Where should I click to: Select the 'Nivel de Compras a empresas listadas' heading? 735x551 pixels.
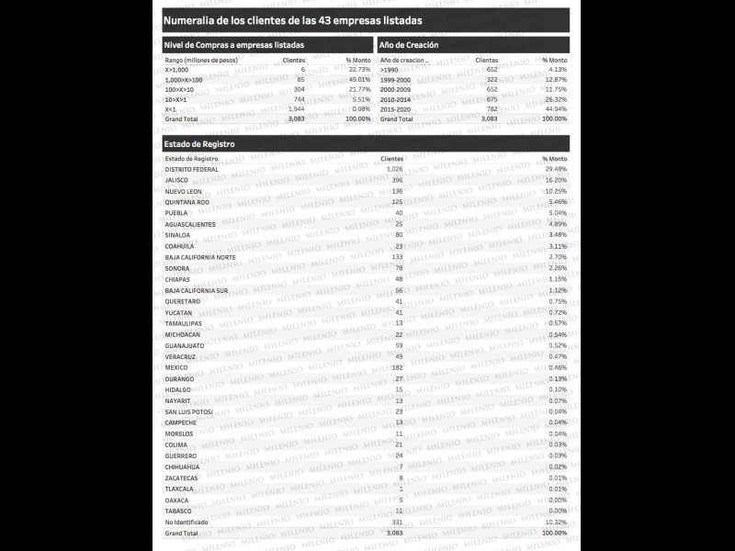pos(233,45)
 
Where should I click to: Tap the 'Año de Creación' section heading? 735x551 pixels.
pos(409,45)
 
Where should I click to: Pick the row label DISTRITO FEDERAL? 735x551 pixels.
pos(191,169)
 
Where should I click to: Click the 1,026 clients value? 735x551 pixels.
pos(394,169)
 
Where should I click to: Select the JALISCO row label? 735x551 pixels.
pos(176,180)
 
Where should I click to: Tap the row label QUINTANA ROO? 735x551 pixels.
pos(187,202)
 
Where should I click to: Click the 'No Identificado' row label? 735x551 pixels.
pos(186,522)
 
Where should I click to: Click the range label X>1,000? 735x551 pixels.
pos(176,70)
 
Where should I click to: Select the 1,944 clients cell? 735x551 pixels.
pos(295,109)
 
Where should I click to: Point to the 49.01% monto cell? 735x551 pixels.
pos(358,80)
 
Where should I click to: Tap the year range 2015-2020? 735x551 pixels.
pos(396,109)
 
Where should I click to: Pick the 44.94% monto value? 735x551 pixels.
pos(555,109)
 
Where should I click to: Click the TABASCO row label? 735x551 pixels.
pos(178,511)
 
